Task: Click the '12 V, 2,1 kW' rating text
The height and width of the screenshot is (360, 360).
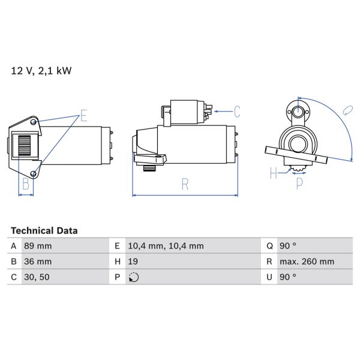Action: tap(41, 71)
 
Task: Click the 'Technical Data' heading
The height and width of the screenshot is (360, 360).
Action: tap(44, 230)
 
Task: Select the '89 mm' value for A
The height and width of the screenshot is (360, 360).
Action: tap(38, 246)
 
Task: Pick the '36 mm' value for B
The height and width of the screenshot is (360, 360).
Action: tap(38, 262)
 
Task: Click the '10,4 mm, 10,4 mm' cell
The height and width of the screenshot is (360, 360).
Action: tap(166, 246)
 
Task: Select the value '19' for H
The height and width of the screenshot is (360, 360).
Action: tap(133, 262)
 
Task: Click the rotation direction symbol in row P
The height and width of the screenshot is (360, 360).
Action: tap(133, 277)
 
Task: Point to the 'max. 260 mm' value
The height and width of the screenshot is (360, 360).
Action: tap(308, 262)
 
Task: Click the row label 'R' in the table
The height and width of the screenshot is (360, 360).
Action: tap(270, 262)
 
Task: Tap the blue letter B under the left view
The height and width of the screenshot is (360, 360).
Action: tap(25, 184)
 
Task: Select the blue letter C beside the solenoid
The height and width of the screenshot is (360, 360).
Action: tap(236, 112)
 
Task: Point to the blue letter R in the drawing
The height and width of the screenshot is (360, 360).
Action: tap(185, 184)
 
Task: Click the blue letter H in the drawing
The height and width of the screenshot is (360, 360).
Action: tap(274, 174)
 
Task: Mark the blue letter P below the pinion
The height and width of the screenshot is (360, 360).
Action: tap(299, 184)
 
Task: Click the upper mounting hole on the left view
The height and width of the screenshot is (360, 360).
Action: tap(34, 122)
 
